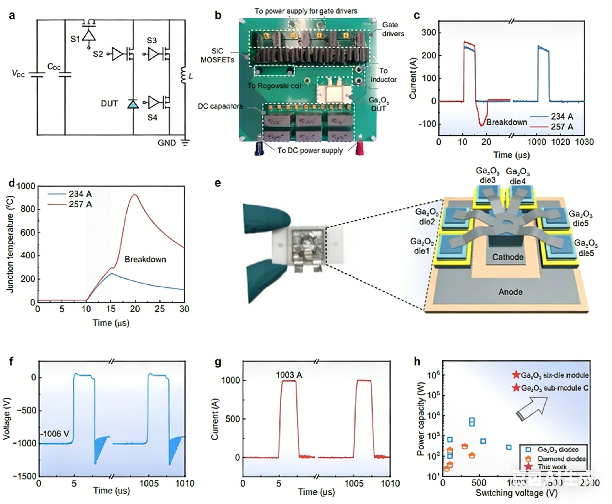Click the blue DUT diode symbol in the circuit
click(x=133, y=104)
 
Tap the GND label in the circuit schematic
click(x=167, y=143)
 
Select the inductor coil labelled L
click(x=183, y=75)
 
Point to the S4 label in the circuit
click(x=152, y=118)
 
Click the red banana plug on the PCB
click(x=360, y=146)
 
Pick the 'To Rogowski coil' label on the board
click(x=274, y=86)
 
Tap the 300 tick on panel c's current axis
click(x=429, y=33)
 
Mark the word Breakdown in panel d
click(x=145, y=259)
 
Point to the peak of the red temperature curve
click(x=135, y=195)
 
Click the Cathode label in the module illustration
click(x=508, y=257)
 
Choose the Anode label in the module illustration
click(x=510, y=292)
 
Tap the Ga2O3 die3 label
click(x=487, y=175)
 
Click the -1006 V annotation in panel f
click(x=56, y=434)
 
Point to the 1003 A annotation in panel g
click(x=289, y=375)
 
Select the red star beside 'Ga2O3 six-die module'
click(x=516, y=375)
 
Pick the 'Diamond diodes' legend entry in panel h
click(x=561, y=459)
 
